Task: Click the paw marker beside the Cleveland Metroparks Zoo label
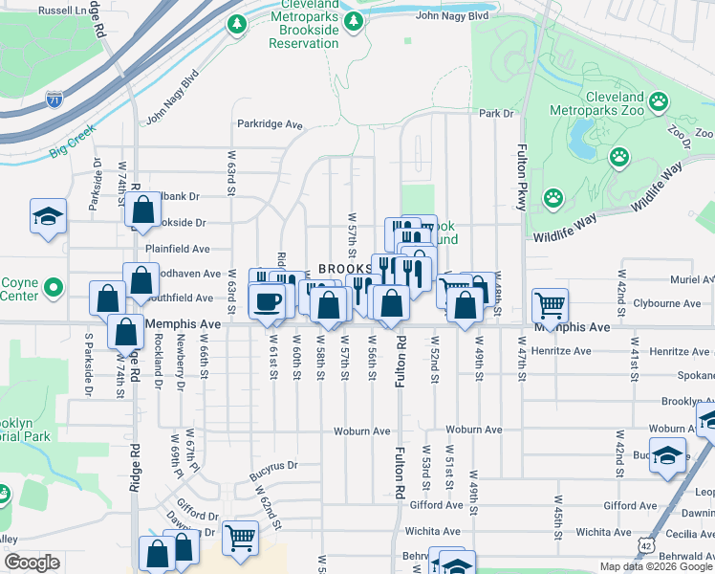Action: coord(659,100)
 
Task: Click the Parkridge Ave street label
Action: coord(270,124)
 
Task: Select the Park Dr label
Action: coord(496,114)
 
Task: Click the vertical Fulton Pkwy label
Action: coord(522,178)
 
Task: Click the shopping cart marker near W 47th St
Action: coord(550,306)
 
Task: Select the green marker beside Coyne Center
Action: coord(54,285)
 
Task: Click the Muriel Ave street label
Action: coord(693,280)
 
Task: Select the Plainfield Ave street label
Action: coord(177,249)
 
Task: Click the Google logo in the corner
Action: coord(32,563)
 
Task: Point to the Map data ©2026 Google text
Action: coord(656,566)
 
